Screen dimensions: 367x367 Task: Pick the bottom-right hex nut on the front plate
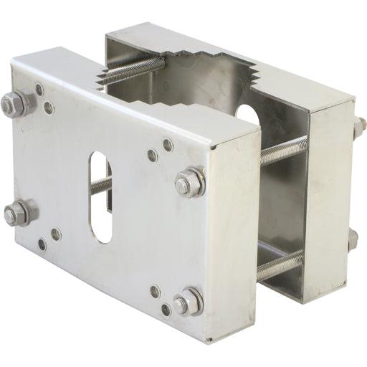pos(189,302)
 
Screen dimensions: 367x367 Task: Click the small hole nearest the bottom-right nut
pos(166,310)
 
